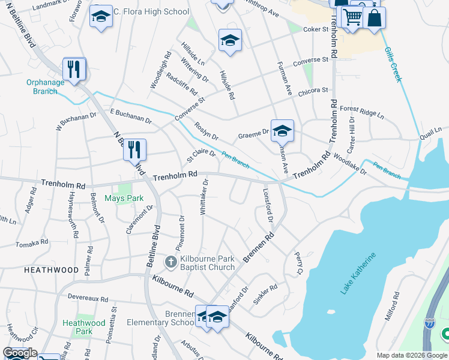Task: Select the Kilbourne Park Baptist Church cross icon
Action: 170,262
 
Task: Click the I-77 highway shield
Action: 430,322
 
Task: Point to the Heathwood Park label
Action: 84,327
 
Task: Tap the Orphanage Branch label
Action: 41,87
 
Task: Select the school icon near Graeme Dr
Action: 282,130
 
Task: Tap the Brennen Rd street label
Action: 259,248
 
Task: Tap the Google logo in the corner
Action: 19,353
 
